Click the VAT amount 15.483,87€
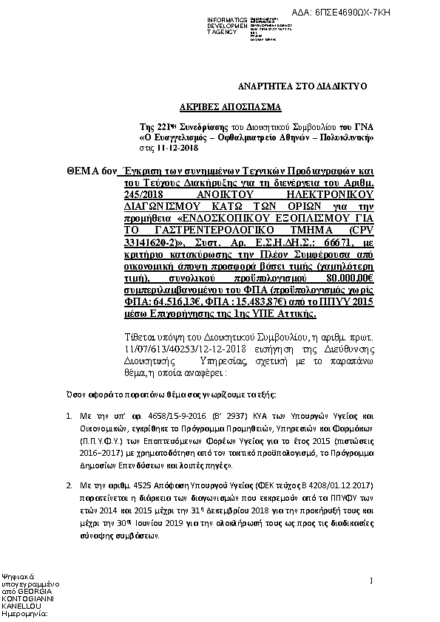pos(255,303)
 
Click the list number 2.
pos(69,485)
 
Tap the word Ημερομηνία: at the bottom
pos(26,612)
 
